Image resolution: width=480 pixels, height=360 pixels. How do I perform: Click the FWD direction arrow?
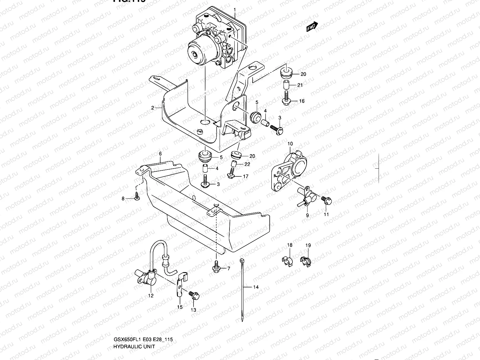(312, 27)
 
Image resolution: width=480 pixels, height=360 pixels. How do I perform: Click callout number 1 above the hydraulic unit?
(235, 9)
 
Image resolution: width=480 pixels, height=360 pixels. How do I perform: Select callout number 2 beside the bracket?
(152, 108)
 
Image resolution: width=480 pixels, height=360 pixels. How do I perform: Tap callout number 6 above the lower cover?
(160, 154)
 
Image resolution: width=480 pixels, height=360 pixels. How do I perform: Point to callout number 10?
(290, 144)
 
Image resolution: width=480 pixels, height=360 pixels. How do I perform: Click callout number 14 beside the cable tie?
(256, 287)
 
